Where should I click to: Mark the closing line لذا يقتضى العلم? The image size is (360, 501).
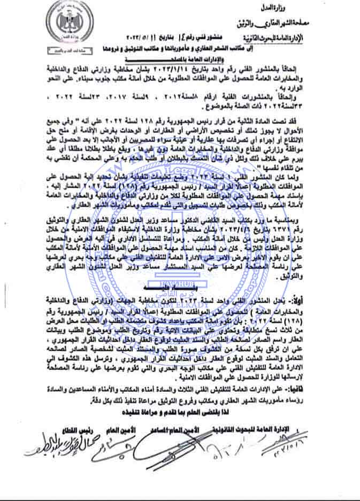[181, 415]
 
